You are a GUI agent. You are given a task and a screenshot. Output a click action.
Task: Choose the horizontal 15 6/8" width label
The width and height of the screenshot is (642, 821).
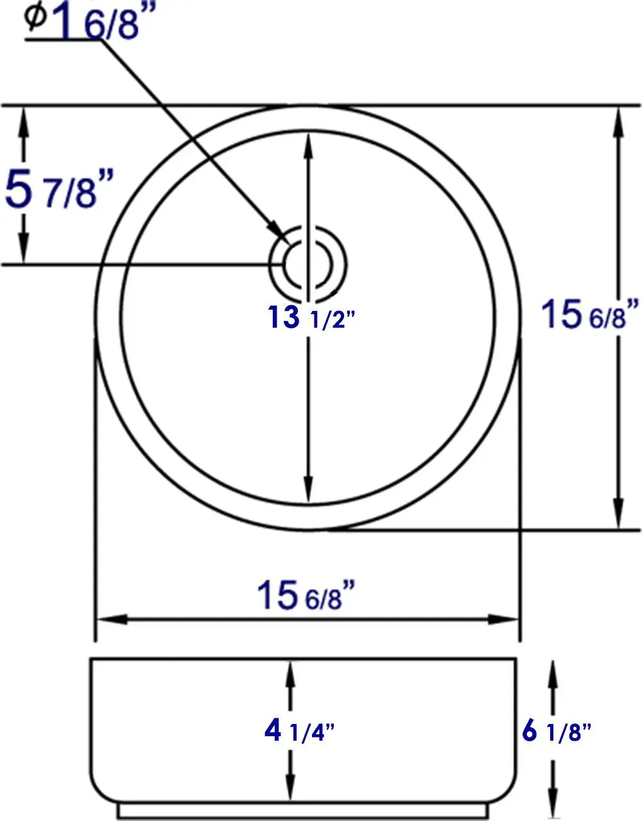coord(306,594)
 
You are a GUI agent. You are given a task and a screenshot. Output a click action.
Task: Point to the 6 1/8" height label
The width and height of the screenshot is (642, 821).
coord(556,731)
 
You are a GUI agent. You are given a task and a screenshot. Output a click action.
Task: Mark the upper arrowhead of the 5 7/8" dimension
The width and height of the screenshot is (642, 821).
coord(24,119)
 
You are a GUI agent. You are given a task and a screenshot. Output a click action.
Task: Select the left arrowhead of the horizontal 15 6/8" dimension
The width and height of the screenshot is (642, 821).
coord(109,620)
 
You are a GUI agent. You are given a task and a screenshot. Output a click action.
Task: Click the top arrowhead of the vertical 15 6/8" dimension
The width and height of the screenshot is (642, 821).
coord(619,119)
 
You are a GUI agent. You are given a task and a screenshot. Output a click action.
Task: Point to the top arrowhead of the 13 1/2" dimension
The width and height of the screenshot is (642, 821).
coord(309,148)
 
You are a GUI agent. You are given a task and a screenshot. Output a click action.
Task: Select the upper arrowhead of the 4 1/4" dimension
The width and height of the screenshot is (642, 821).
coord(290,673)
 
